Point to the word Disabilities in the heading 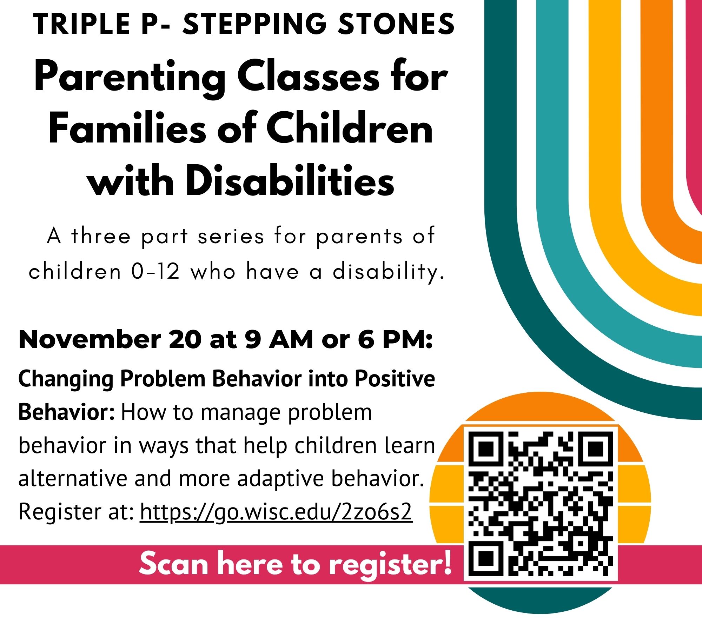290,181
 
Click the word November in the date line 90,340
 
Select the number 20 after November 185,340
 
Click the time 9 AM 279,340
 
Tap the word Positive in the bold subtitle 395,379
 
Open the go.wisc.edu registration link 276,512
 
